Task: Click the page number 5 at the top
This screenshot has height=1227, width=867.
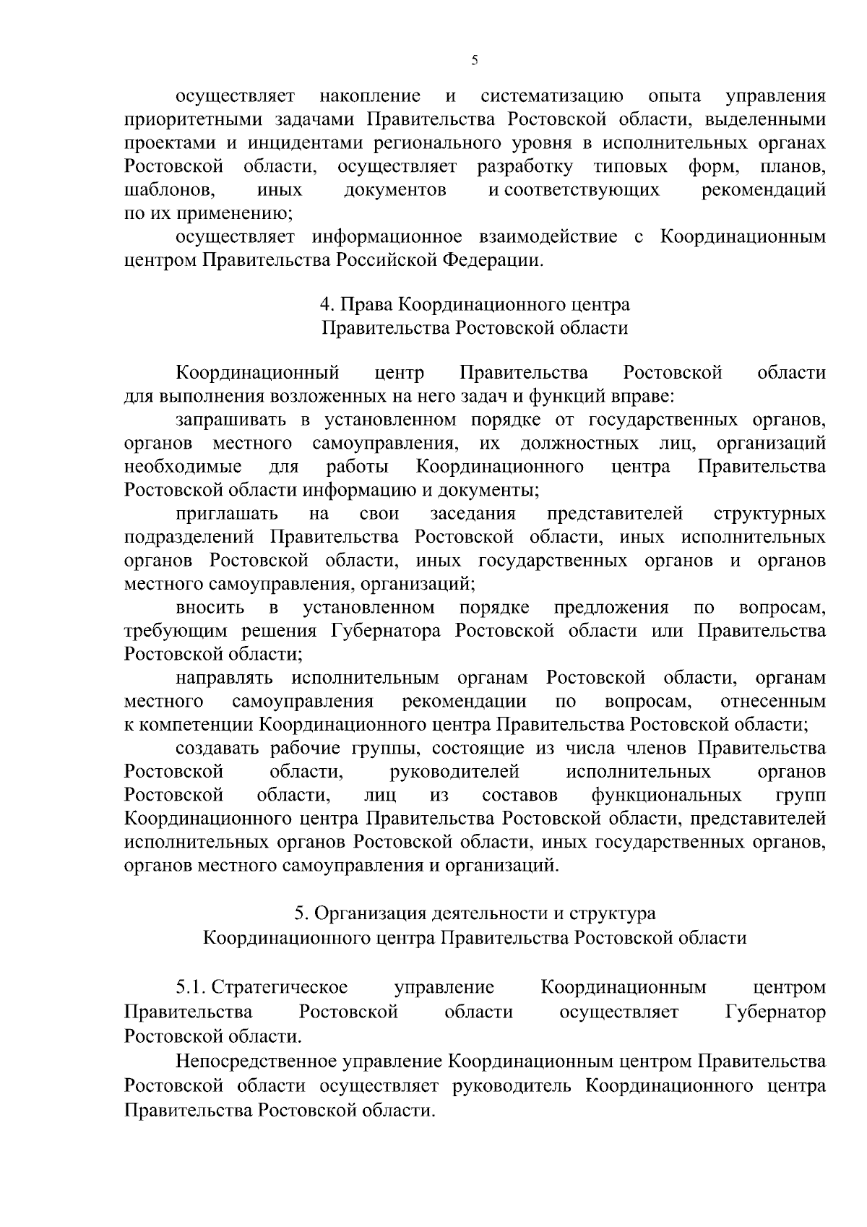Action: coord(475,61)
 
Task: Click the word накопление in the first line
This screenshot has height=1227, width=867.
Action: coord(369,96)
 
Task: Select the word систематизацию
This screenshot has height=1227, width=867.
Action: coord(552,96)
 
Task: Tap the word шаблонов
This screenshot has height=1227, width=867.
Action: coord(168,190)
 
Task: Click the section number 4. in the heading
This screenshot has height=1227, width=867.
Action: coord(327,305)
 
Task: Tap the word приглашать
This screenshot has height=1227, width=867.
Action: coord(227,514)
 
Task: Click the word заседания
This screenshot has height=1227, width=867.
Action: coord(473,514)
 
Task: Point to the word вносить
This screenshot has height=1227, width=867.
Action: coord(210,607)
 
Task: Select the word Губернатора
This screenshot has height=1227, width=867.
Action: coord(386,631)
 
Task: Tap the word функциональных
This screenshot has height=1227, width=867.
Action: coord(666,796)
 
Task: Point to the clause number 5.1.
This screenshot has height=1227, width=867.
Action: coord(191,988)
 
